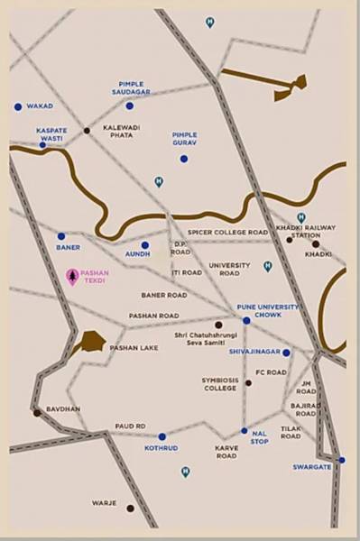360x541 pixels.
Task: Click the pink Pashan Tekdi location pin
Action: [x=72, y=277]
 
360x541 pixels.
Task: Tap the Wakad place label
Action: [x=40, y=106]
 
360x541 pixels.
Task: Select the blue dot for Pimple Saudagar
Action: [x=129, y=105]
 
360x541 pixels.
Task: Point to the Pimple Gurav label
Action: [x=184, y=139]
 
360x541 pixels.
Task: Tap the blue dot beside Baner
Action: [x=61, y=236]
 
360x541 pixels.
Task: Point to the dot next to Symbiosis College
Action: [x=248, y=382]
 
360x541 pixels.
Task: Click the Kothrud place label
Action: [x=162, y=448]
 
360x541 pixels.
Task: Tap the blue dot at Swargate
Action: [x=341, y=460]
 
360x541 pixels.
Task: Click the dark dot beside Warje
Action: [x=130, y=508]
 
